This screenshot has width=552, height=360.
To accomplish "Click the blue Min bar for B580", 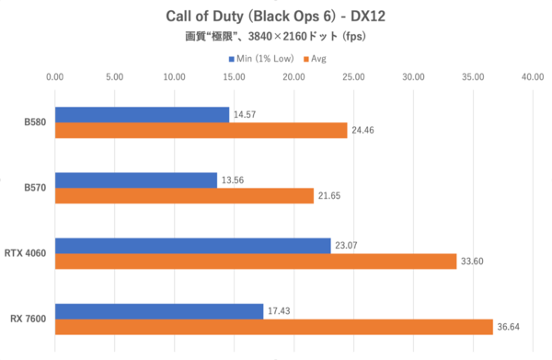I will point(142,115).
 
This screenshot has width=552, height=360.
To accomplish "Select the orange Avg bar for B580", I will point(201,131).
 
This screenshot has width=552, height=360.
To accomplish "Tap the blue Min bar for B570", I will point(136,180).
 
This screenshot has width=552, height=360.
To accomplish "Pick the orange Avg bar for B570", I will point(184,196).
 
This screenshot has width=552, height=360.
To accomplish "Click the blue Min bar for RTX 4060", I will point(192,246).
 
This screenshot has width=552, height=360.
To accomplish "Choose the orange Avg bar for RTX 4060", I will point(256,261).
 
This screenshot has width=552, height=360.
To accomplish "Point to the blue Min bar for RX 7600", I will point(159,311).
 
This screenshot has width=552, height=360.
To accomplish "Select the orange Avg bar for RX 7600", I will point(274,327).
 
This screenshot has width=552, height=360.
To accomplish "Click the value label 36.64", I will point(511,328).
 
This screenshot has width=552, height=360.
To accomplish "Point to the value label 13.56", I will point(235,180).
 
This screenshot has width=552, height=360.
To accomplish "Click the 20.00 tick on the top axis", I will point(294,77).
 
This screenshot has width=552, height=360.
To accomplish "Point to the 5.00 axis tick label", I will point(115,77).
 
